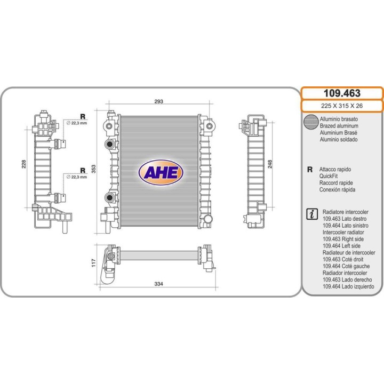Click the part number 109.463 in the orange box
click(342, 93)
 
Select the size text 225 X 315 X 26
click(342, 106)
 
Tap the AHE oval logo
click(161, 172)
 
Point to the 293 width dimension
click(158, 101)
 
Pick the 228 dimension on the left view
click(23, 165)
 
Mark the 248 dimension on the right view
click(270, 164)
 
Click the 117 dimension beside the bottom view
click(93, 262)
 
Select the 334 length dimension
click(158, 284)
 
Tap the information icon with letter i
click(310, 214)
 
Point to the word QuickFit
click(331, 176)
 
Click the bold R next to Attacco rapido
click(310, 169)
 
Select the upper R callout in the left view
click(83, 116)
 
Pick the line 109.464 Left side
click(341, 246)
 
